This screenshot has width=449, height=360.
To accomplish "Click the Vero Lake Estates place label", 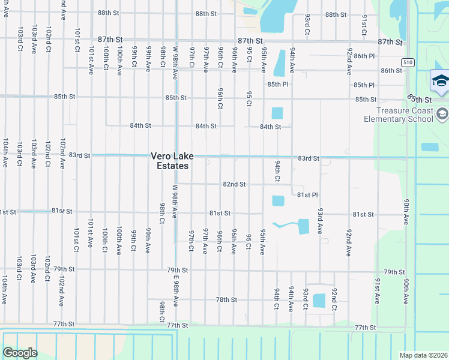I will (172, 161).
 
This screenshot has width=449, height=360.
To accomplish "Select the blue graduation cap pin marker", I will (440, 83).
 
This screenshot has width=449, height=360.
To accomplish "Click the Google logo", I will (20, 353).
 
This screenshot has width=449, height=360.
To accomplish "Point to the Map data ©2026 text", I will (423, 355).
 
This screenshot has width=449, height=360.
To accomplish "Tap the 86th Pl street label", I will (364, 56).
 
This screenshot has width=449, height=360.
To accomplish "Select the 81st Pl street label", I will (307, 195).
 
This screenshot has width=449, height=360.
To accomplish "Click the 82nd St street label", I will (234, 184).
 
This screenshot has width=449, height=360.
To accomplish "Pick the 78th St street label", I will (227, 299).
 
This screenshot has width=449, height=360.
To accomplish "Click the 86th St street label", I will (391, 71).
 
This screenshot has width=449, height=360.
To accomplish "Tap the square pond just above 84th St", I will (277, 113).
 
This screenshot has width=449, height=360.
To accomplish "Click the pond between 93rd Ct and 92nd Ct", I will (319, 300).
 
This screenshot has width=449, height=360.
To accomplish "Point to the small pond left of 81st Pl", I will (278, 200).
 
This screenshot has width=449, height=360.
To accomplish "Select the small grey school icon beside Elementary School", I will (441, 113).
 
